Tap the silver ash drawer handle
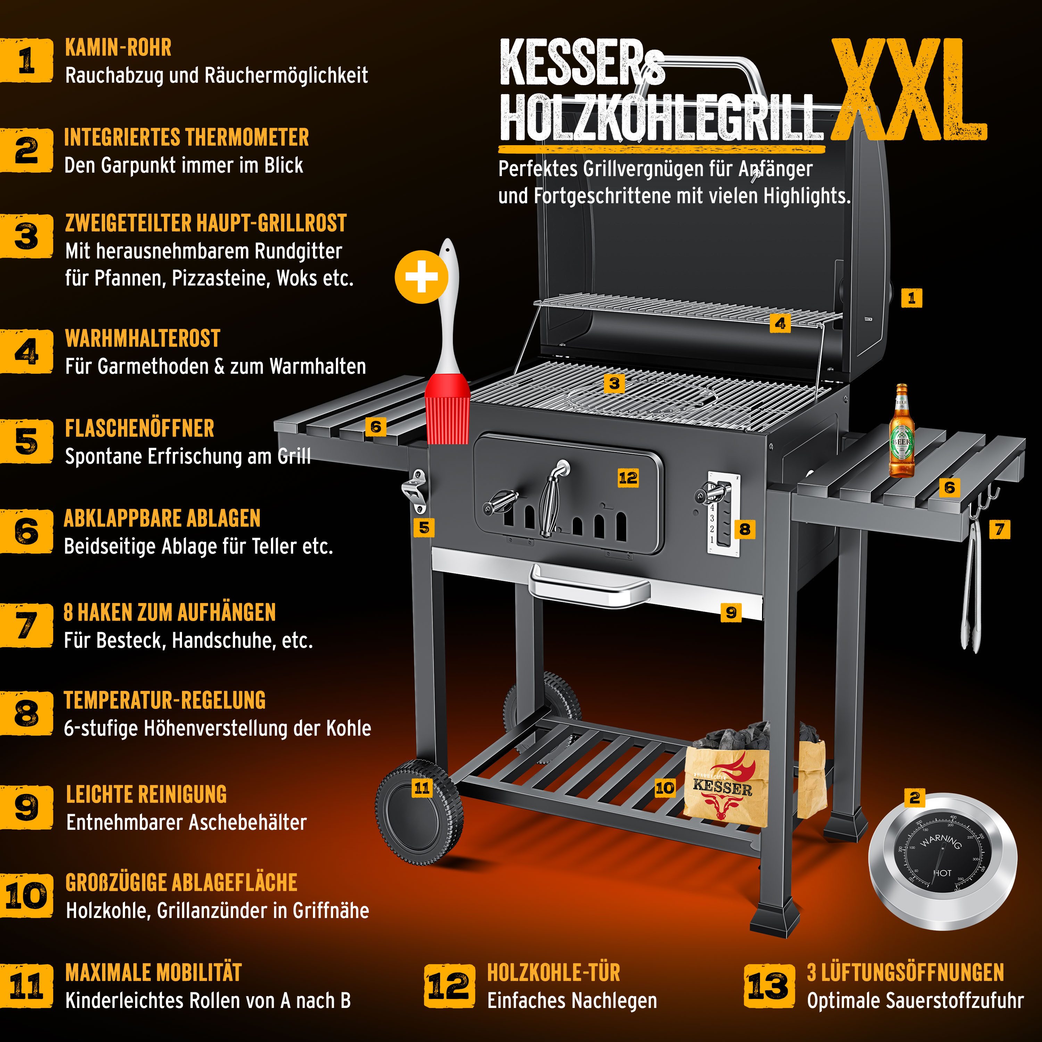tap(589, 586)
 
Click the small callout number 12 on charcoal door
tap(628, 478)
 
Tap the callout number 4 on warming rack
tap(780, 324)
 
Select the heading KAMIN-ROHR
tap(118, 48)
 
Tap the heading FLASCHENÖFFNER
tap(139, 428)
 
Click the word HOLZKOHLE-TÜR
tap(553, 973)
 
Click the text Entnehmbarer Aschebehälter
tap(186, 822)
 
